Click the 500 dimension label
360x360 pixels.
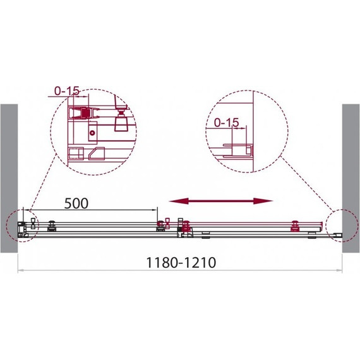tap(76, 203)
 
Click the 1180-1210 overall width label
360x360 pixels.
tap(181, 263)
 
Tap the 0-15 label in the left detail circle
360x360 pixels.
tap(67, 91)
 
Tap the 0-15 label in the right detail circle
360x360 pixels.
tap(226, 123)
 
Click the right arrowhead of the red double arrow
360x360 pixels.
tap(263, 201)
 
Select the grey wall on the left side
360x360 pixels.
tap(9, 178)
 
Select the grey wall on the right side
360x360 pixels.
tap(351, 178)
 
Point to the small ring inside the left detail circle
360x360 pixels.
tap(92, 133)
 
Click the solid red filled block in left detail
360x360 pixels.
tap(86, 112)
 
